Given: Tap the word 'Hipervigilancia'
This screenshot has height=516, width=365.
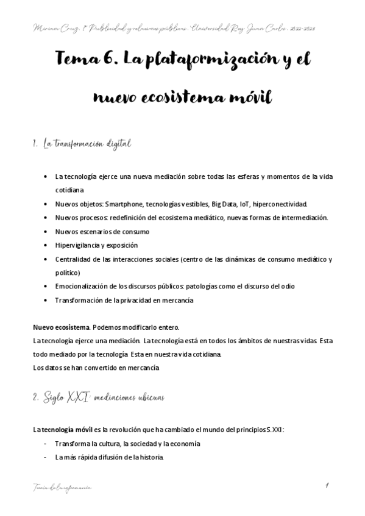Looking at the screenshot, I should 77,245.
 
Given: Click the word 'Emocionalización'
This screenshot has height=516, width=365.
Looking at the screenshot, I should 80,287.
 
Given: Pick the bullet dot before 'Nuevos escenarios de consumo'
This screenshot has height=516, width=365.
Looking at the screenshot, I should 47,232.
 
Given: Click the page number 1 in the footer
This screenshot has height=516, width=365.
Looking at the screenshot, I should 327,486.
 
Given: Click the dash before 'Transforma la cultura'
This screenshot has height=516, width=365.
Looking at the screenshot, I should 46,444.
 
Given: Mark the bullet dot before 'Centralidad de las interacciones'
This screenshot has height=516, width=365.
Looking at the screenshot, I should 47,259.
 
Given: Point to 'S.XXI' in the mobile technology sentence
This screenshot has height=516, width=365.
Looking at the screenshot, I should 274,430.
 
